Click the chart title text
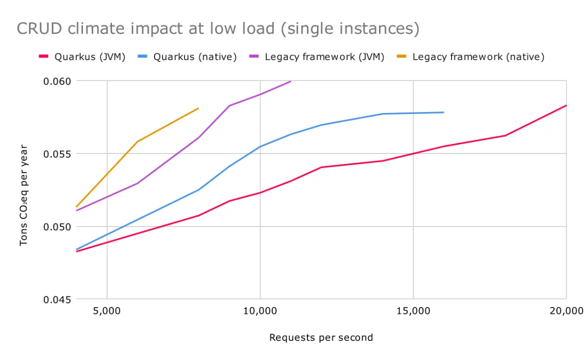click(218, 28)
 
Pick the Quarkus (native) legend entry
click(194, 57)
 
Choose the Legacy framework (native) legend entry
click(478, 57)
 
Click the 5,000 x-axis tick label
click(107, 311)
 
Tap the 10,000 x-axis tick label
click(260, 311)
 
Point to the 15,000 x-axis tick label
click(413, 311)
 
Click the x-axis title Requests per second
click(321, 337)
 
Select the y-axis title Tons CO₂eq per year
click(23, 195)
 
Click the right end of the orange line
click(198, 108)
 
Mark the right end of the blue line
click(443, 112)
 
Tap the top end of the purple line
click(290, 81)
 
